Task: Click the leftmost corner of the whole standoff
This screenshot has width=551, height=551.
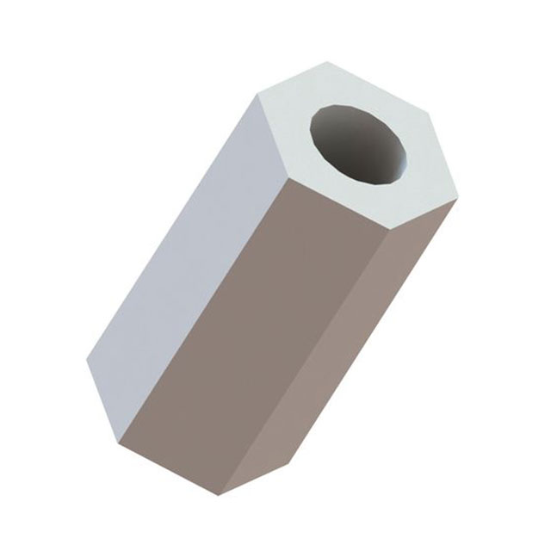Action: [x=86, y=361]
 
